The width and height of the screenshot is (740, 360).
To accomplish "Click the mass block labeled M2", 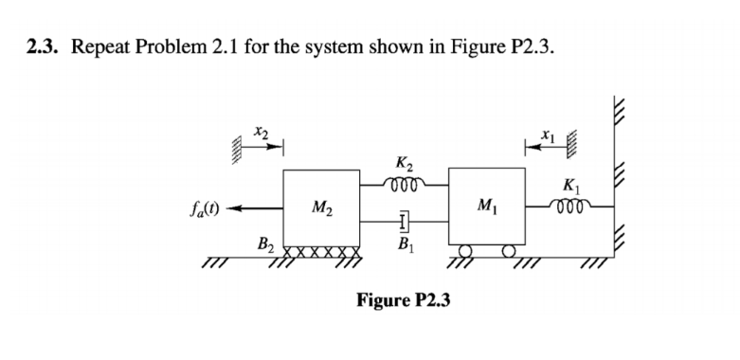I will coord(320,207).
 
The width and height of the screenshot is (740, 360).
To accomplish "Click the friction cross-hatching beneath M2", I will coord(321,254).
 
